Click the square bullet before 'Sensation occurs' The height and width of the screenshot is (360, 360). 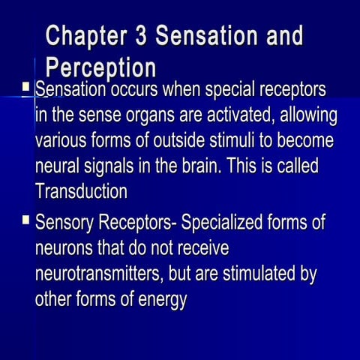26,90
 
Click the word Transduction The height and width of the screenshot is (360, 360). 81,191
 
